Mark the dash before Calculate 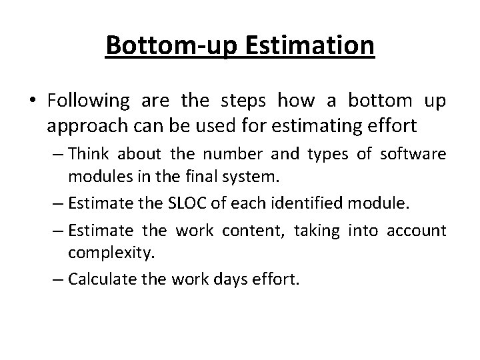[58, 277]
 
